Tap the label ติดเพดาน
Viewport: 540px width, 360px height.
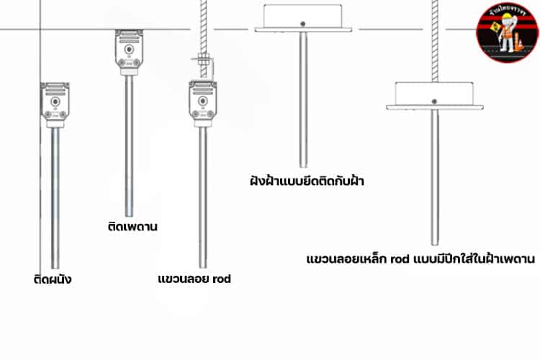pos(130,227)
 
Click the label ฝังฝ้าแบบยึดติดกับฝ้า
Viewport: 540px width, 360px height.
pos(302,181)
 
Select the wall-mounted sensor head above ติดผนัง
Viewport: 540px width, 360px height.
pos(55,104)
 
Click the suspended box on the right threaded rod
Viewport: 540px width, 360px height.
pos(434,95)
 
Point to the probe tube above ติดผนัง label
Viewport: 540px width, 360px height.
pos(55,194)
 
